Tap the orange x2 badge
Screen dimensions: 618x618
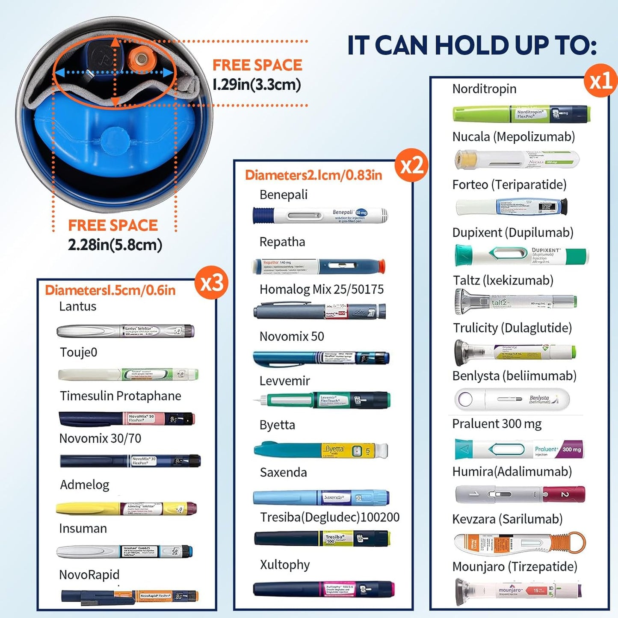[411, 166]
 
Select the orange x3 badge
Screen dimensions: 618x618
[211, 283]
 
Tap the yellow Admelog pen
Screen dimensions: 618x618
[126, 509]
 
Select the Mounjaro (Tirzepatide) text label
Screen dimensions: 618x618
[515, 567]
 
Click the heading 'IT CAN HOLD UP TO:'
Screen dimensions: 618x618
[472, 45]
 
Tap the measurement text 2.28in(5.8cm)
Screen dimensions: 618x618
[115, 245]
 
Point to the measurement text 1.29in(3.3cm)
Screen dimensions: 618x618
[257, 84]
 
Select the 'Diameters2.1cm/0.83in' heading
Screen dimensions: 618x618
[313, 175]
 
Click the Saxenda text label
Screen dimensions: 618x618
[283, 473]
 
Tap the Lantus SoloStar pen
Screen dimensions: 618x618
[126, 331]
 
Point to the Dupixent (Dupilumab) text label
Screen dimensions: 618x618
[512, 233]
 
